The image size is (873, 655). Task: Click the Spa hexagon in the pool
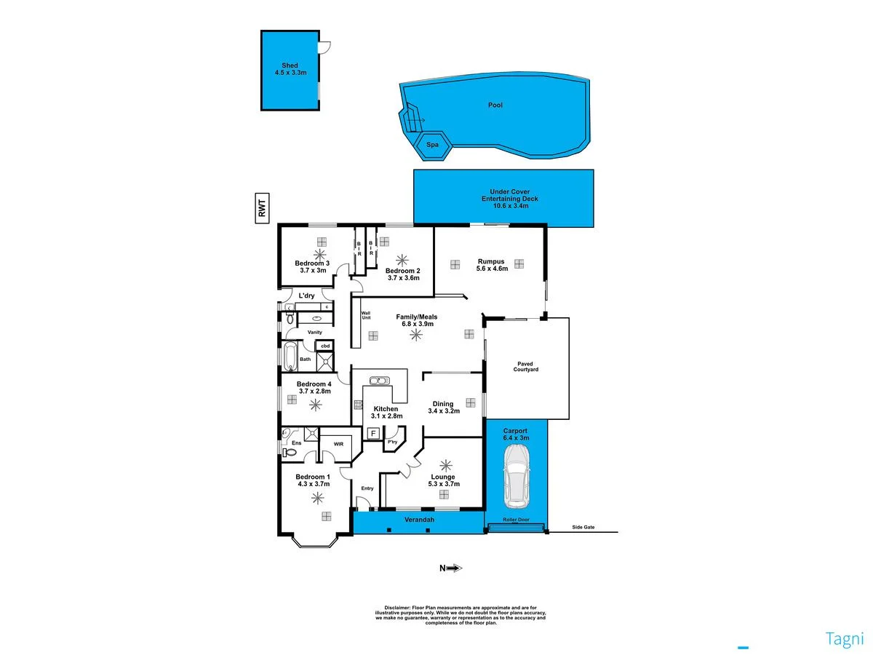pos(432,145)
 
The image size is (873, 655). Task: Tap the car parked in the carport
pos(517,476)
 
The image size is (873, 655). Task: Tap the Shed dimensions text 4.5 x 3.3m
pos(290,73)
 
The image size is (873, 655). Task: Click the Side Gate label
pos(583,527)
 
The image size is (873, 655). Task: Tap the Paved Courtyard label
pos(527,366)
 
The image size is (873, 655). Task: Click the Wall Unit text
pos(366,316)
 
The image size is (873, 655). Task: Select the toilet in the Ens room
pos(289,452)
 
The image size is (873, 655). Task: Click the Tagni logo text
pos(844,639)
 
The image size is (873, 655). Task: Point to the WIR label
pos(338,443)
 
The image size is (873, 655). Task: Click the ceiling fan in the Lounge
pos(445,464)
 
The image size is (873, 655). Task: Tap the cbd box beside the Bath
pos(327,346)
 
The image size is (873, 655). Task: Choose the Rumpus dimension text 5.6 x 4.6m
pos(492,268)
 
